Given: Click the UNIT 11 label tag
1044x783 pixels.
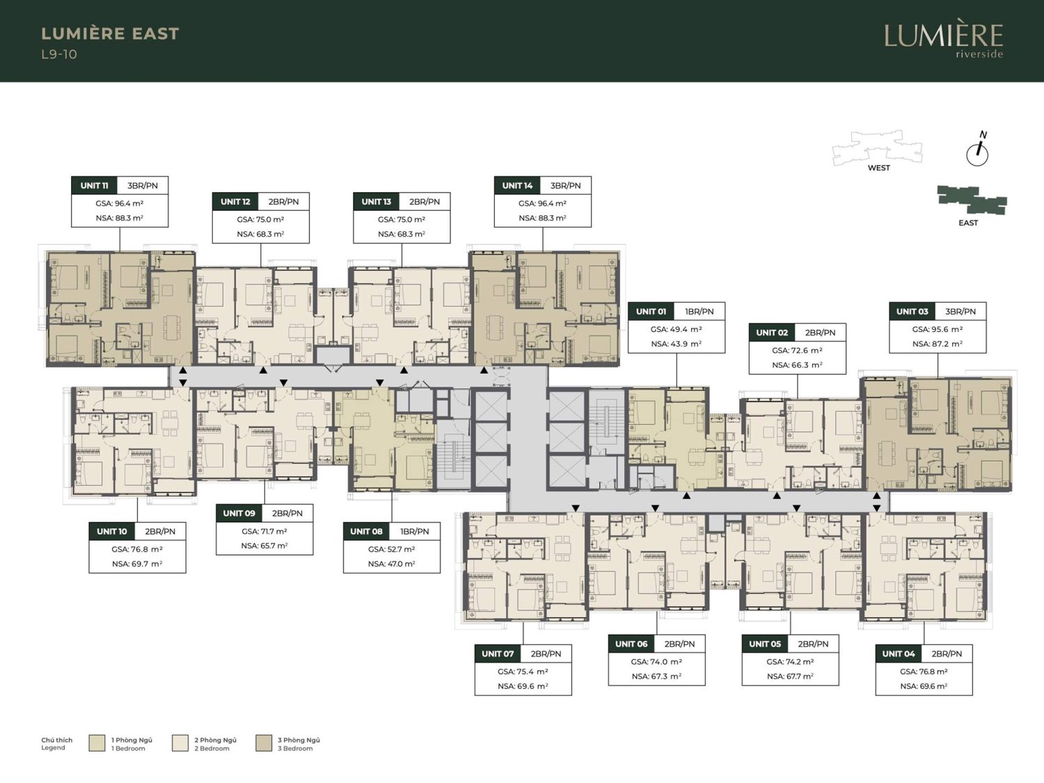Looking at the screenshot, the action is tap(94, 185).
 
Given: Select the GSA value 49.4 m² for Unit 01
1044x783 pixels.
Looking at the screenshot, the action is tap(677, 329).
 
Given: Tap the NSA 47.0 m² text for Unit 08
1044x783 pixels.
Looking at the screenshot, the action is tap(391, 564).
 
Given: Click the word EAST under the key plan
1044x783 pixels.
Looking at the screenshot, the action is tap(968, 223).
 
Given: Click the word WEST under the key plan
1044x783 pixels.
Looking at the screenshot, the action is tap(879, 168).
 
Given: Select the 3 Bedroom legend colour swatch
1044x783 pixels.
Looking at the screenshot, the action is tap(264, 743).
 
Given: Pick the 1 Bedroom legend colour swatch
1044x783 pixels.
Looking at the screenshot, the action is tap(97, 743).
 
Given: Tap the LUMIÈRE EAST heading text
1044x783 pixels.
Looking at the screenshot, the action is tap(111, 33).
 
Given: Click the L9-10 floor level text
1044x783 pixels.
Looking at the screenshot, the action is tap(59, 54).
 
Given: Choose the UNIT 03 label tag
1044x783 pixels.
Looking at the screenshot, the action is tap(912, 311).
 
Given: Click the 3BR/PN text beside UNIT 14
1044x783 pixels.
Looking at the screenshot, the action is tap(566, 185).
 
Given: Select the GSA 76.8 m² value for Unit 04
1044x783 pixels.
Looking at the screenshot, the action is tap(924, 671).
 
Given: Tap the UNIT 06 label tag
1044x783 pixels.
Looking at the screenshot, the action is tap(631, 644).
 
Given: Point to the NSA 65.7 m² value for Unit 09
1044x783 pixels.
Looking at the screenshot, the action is tap(264, 546).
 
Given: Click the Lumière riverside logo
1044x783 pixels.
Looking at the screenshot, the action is tap(944, 41).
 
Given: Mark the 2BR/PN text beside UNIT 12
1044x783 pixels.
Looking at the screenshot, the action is tap(283, 202).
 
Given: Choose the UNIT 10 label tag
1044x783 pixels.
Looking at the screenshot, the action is tap(112, 532).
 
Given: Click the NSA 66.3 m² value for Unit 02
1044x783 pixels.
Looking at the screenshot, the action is tap(797, 365).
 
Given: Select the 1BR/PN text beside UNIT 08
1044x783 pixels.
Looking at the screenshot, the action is tap(414, 532).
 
